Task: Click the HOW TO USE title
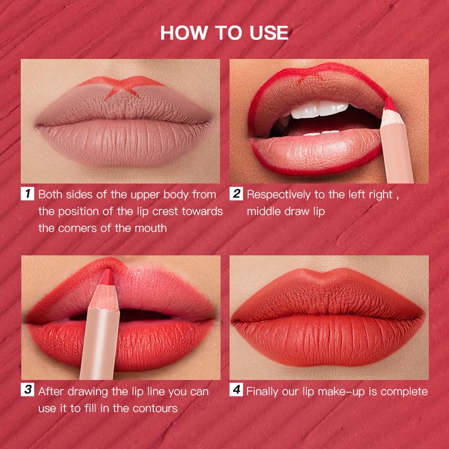point(224,32)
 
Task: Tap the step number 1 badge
point(28,195)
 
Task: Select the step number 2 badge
point(236,195)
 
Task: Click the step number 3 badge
point(28,391)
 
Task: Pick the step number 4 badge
point(236,391)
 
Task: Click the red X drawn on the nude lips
point(122,87)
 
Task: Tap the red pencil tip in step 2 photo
point(388,104)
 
